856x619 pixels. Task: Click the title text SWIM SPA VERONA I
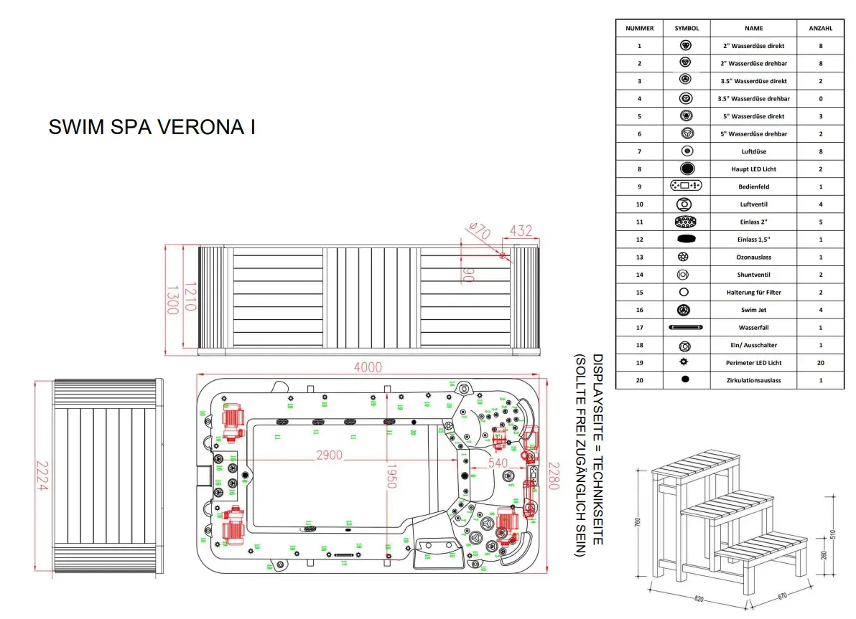pyautogui.click(x=152, y=127)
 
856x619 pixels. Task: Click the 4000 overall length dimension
pyautogui.click(x=367, y=367)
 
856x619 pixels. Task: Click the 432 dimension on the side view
pyautogui.click(x=521, y=231)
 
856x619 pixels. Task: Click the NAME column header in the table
pyautogui.click(x=753, y=28)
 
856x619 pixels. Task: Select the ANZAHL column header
pyautogui.click(x=820, y=28)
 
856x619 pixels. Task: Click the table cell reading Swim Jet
pyautogui.click(x=753, y=310)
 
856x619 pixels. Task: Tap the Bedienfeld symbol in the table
pyautogui.click(x=685, y=186)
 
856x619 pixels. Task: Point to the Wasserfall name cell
pyautogui.click(x=753, y=328)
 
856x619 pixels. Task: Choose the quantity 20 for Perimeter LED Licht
pyautogui.click(x=820, y=363)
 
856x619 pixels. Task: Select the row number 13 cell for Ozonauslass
pyautogui.click(x=639, y=257)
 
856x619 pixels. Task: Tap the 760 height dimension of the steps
pyautogui.click(x=637, y=523)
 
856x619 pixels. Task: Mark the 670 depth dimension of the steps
pyautogui.click(x=783, y=595)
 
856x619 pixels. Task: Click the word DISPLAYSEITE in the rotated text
pyautogui.click(x=599, y=390)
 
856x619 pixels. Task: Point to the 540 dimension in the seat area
pyautogui.click(x=498, y=463)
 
